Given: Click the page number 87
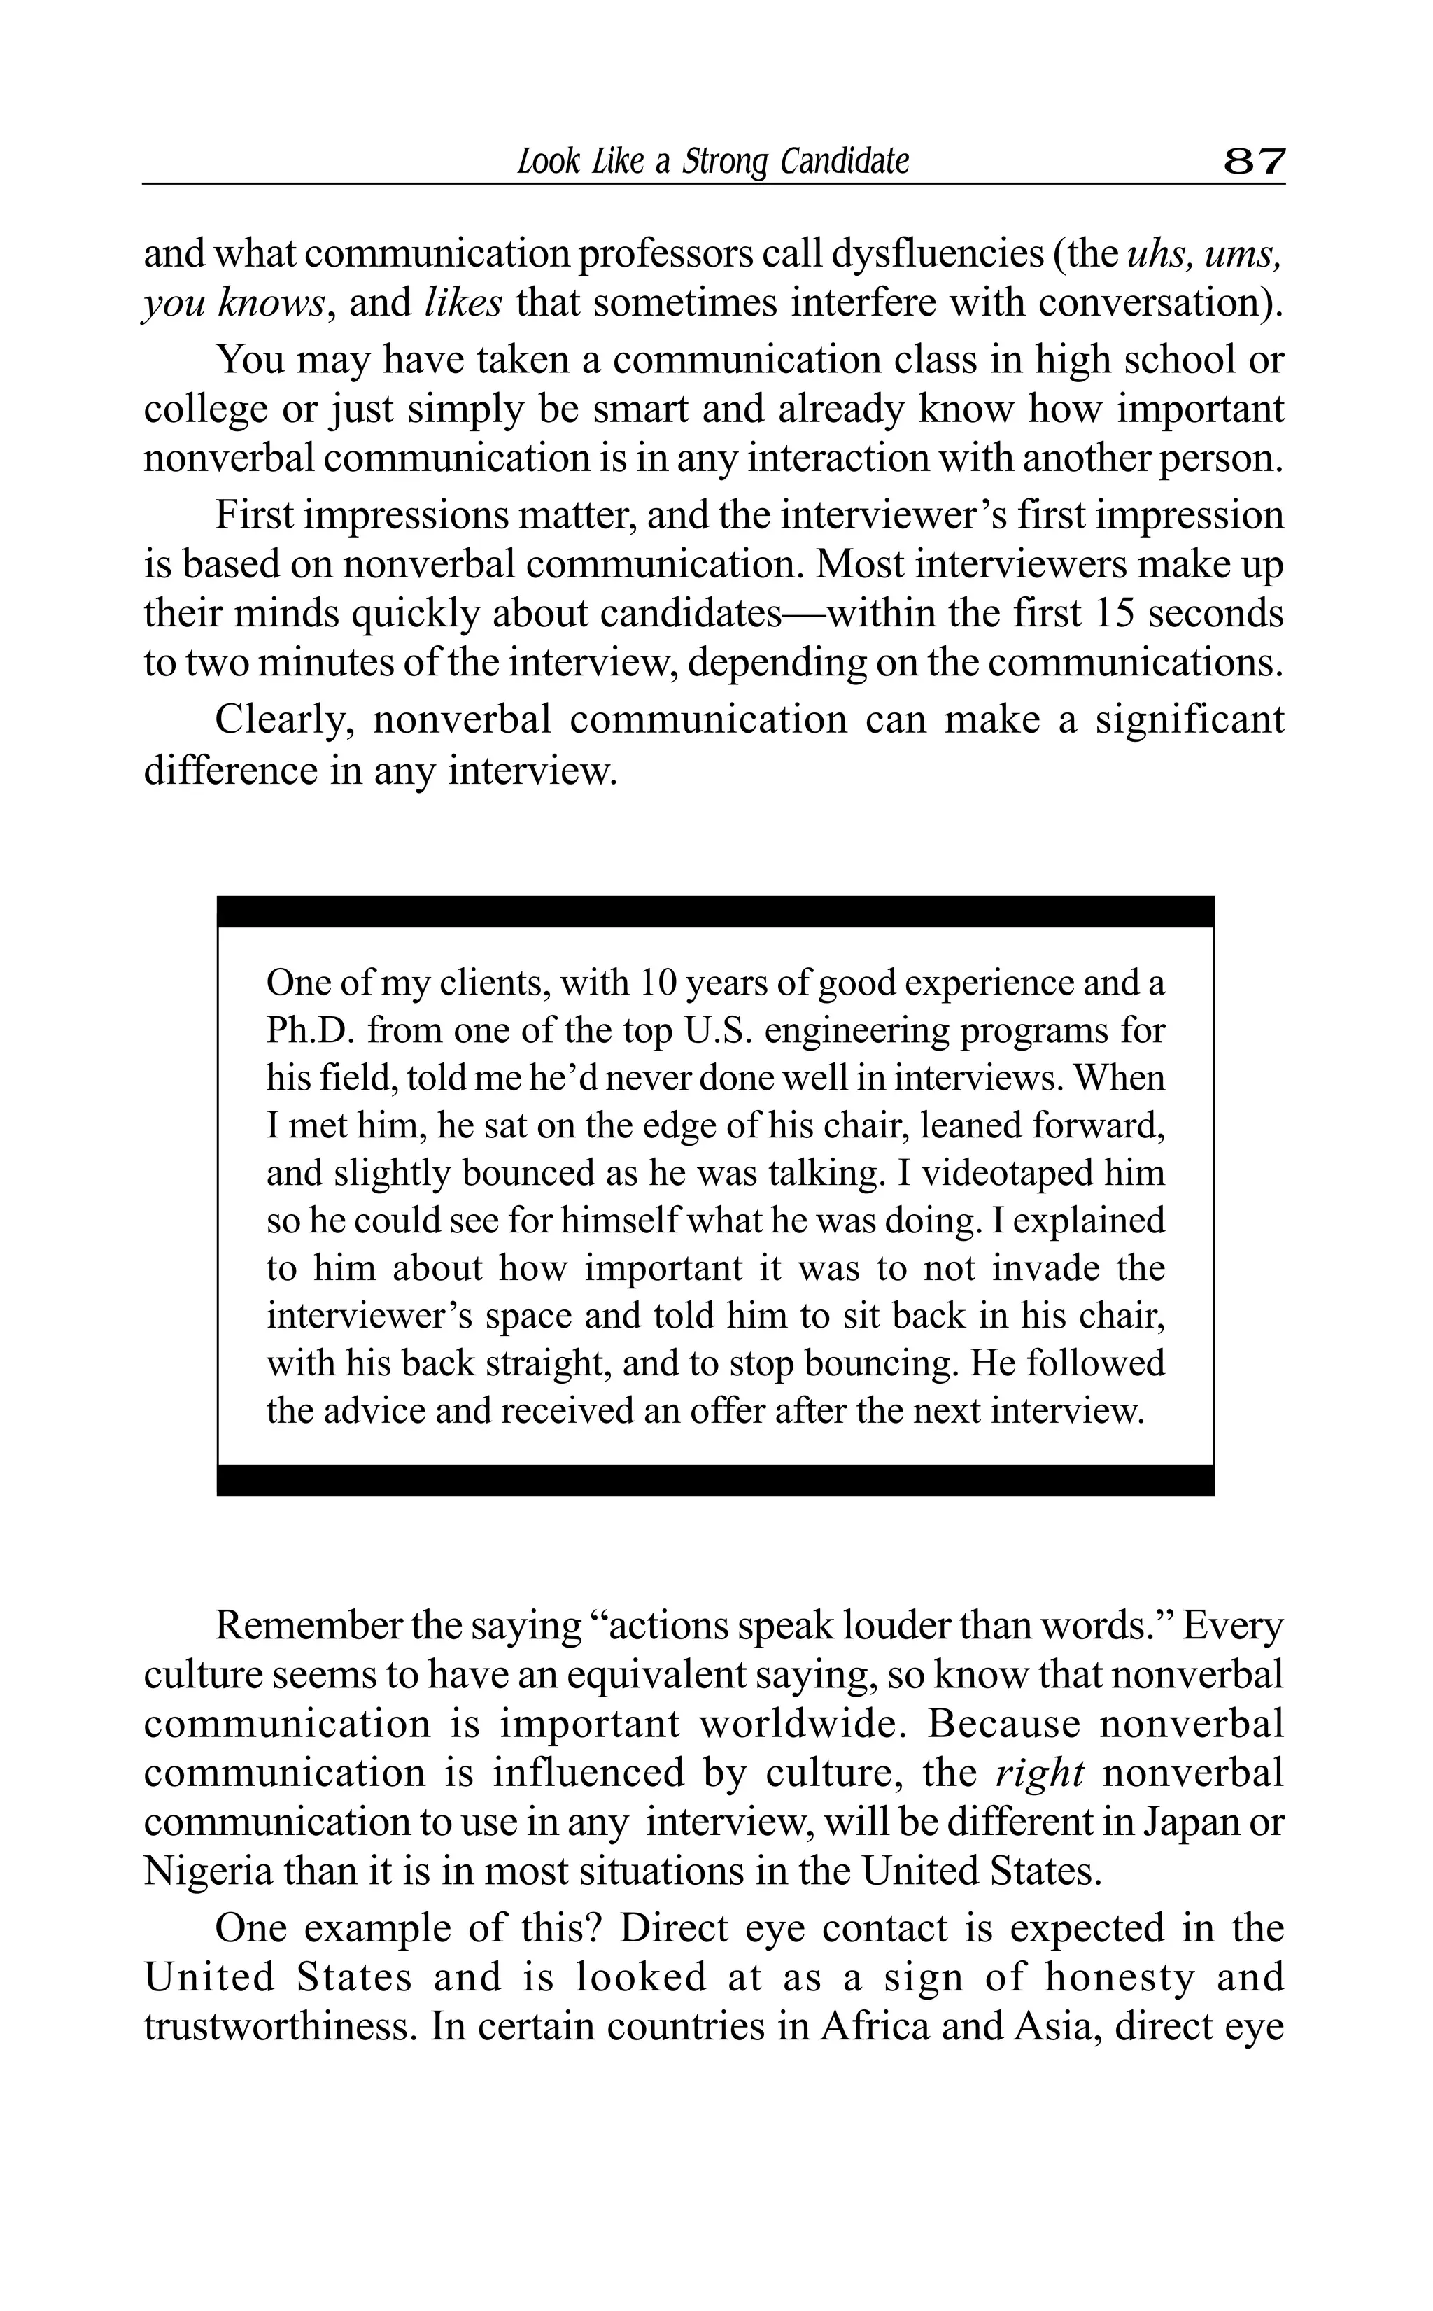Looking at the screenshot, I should tap(1254, 162).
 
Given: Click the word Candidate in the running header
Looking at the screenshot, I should tap(845, 162).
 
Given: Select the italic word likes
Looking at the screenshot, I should tap(463, 303).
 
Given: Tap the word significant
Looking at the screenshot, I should tap(1190, 719).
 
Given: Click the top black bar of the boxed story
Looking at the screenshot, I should tap(716, 911).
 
